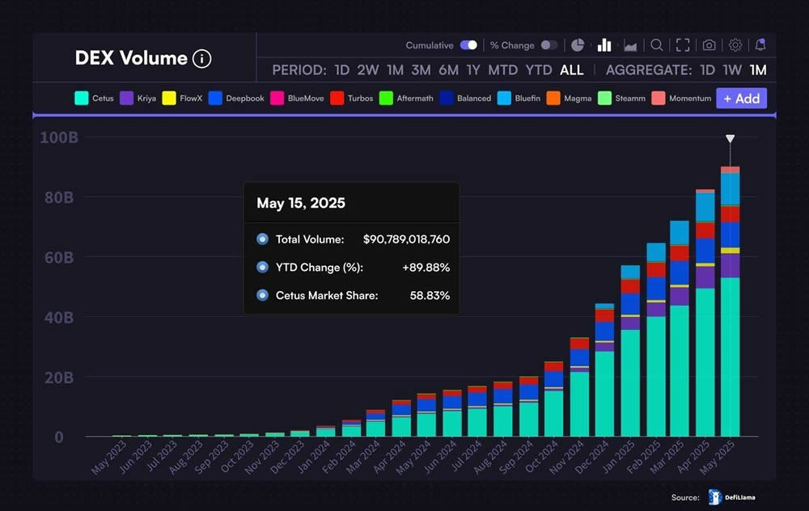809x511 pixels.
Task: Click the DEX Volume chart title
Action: pos(131,58)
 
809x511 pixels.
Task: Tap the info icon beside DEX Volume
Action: pos(201,58)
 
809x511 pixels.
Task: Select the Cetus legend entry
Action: pos(94,99)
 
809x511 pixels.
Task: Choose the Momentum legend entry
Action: pos(681,99)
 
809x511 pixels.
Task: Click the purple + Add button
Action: pos(741,99)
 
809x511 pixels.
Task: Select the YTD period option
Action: pos(539,70)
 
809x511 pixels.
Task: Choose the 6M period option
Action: pos(448,70)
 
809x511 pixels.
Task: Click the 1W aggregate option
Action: pos(732,70)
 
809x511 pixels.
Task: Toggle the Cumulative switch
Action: pos(468,45)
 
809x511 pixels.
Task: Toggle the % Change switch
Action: pos(549,45)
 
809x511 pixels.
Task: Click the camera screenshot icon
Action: pos(709,45)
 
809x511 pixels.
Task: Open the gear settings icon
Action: pos(735,45)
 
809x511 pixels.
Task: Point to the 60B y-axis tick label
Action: pos(57,258)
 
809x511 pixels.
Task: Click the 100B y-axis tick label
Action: pos(58,137)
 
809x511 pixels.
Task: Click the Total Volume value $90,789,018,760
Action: pos(406,239)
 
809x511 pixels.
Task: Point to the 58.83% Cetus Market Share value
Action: pos(430,295)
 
